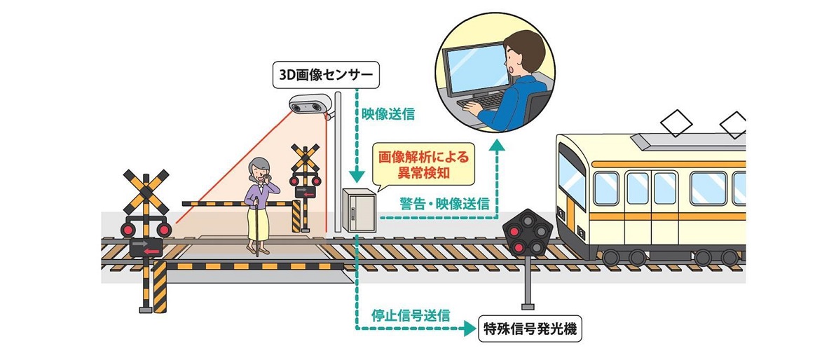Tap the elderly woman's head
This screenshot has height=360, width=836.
point(256,169)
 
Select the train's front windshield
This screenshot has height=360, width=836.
point(571,174)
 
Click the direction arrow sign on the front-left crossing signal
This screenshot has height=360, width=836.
point(145,246)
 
